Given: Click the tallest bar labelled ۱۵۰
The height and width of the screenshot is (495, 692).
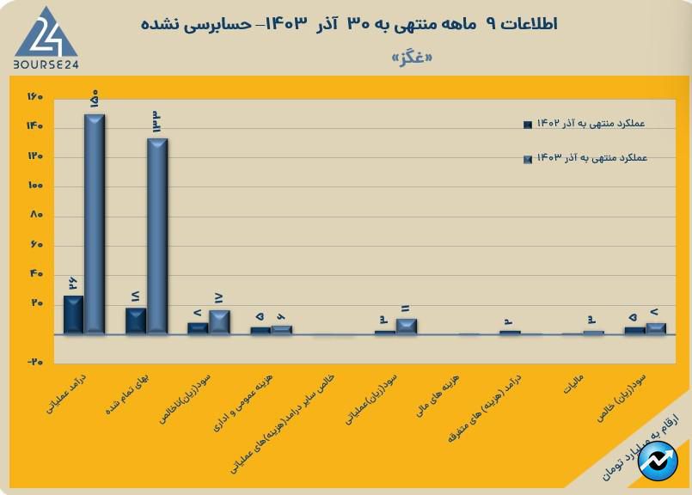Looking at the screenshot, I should (x=94, y=223).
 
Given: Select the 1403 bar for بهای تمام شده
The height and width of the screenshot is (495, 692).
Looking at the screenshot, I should (x=156, y=235).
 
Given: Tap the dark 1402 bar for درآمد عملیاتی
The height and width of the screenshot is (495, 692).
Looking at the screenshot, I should (x=74, y=315).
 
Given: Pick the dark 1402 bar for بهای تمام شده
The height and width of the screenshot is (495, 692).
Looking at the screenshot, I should (x=136, y=321).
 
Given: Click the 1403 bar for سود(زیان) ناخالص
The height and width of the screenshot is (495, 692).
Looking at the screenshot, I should (x=219, y=321).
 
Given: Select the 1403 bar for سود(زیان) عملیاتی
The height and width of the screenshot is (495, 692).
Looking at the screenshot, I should (x=406, y=326).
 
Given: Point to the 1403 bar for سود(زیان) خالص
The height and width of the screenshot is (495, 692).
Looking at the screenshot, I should (x=656, y=328).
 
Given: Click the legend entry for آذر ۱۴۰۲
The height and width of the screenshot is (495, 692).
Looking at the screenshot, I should (x=585, y=124).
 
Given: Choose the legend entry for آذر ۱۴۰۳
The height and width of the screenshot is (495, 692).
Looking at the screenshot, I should (x=585, y=158).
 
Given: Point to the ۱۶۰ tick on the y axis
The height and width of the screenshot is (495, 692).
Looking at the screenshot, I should (x=34, y=97).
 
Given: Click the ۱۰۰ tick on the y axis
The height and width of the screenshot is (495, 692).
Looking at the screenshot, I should (x=34, y=186).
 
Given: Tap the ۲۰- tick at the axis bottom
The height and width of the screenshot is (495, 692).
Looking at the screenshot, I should (x=34, y=363).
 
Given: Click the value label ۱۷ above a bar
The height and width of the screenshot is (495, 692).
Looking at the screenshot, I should (x=218, y=298).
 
